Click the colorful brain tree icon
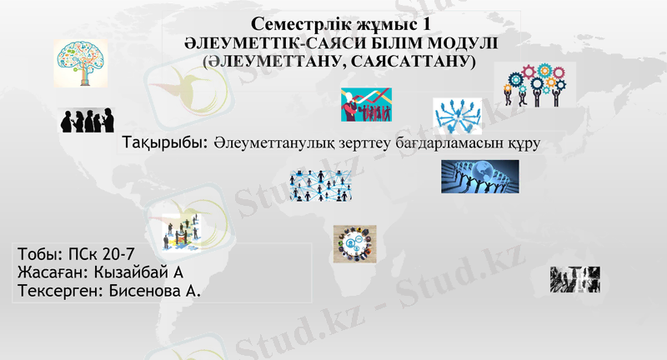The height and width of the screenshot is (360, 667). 81,64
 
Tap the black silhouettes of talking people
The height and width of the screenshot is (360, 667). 86,121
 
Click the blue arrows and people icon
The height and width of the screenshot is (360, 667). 458,116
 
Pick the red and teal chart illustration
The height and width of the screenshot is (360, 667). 366,105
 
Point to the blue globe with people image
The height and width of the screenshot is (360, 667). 479,177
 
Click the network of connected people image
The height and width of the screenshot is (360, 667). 320,185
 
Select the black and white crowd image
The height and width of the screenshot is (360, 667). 575,279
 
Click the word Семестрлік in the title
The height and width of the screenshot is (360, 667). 293,24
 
